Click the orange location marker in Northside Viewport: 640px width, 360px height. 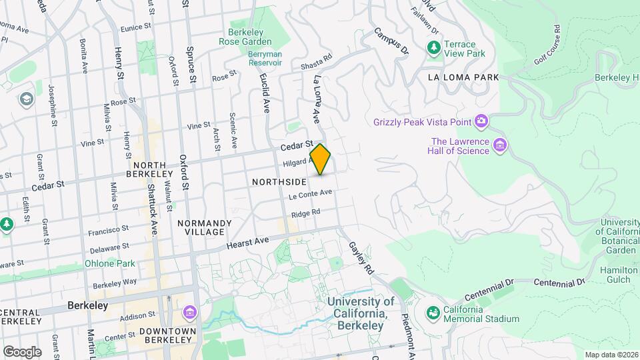click(x=321, y=159)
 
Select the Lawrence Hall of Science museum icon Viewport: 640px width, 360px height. click(x=500, y=145)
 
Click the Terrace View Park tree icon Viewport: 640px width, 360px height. click(x=434, y=47)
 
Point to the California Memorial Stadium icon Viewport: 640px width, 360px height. click(x=433, y=313)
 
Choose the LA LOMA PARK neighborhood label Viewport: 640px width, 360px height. click(x=463, y=77)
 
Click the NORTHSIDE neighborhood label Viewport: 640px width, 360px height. click(x=279, y=181)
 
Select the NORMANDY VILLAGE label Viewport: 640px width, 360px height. click(x=205, y=227)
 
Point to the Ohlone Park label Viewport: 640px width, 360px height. click(x=110, y=263)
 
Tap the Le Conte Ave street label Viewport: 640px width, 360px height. click(x=310, y=195)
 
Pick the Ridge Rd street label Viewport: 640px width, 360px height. click(x=306, y=213)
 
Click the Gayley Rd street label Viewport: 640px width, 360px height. click(x=361, y=259)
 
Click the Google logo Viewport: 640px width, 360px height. click(x=22, y=351)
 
